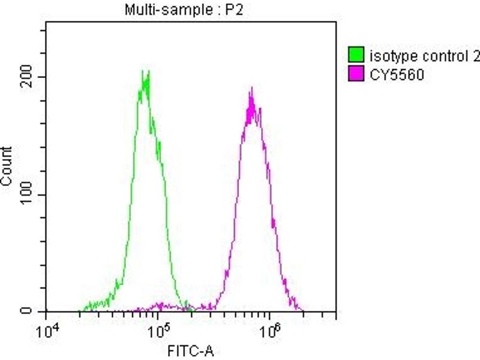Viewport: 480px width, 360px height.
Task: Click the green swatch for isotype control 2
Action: click(356, 57)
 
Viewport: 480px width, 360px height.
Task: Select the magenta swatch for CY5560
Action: click(356, 76)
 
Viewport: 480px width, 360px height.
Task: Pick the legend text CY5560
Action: click(393, 76)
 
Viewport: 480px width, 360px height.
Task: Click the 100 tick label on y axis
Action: click(29, 194)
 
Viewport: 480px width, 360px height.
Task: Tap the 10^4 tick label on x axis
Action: click(47, 329)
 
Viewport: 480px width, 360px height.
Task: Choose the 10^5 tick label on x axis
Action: click(158, 329)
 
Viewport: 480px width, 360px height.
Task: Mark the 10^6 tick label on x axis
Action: click(269, 329)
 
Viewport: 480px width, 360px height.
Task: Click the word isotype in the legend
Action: click(389, 57)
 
